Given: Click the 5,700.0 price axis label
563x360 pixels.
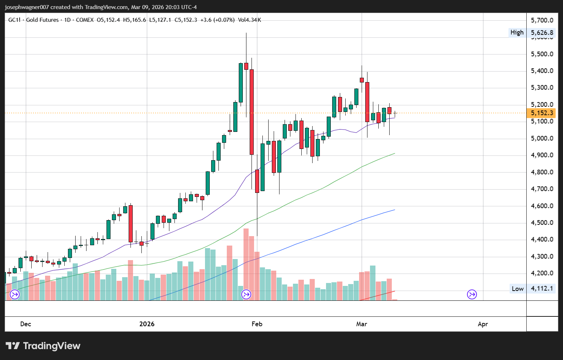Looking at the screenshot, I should point(542,20).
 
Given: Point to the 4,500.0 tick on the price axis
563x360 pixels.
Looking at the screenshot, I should point(542,223).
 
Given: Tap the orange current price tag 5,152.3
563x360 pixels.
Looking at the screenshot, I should point(542,113).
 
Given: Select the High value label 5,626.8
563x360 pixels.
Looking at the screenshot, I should point(542,33).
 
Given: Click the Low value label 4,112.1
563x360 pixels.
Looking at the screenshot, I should point(542,289).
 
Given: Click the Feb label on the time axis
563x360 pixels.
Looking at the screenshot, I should point(257,324).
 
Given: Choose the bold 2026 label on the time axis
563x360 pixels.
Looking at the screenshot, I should point(147,324).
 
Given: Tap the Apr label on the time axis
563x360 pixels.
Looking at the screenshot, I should point(483,324).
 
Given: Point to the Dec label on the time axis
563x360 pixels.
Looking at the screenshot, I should point(26,324).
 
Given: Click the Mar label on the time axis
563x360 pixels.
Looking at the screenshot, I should point(362,324).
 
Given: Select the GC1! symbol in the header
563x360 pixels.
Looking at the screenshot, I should point(15,20).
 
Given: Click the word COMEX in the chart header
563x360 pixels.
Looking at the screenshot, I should point(85,20).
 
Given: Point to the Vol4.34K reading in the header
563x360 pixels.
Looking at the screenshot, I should point(249,20).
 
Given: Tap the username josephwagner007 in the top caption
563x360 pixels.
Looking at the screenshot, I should point(27,7).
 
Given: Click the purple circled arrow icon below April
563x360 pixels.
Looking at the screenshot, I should point(472,294).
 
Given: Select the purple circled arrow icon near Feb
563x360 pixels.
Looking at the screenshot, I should point(246,294).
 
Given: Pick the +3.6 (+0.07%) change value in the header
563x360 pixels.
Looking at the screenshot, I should point(217,20).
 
